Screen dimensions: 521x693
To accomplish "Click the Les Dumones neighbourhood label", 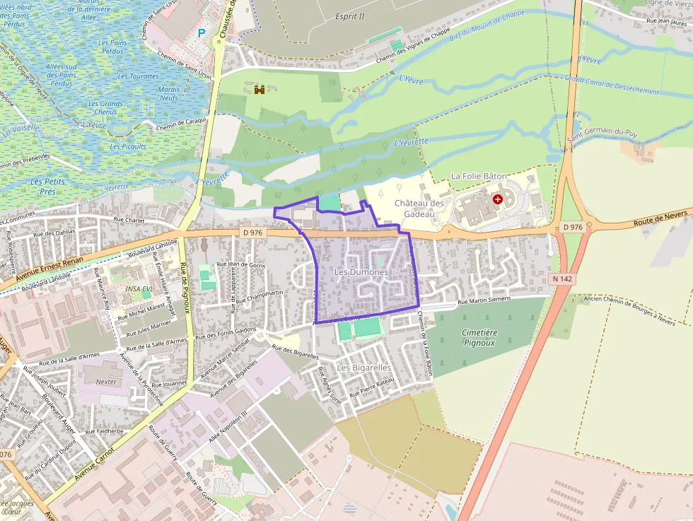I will click(x=361, y=272).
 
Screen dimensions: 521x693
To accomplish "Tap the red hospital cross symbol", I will click(x=498, y=200).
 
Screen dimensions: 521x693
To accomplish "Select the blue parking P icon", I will click(x=202, y=33).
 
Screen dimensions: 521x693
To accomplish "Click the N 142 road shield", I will click(x=562, y=279).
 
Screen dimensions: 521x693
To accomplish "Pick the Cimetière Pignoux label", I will click(x=479, y=337).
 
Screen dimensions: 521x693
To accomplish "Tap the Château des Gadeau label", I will click(x=419, y=209).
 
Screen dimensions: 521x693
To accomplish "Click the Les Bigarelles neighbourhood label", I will click(x=363, y=368).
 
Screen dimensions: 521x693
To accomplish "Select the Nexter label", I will click(x=106, y=382).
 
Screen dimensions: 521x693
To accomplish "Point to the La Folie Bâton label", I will click(x=479, y=175).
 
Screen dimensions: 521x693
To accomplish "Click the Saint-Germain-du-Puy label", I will click(x=602, y=140).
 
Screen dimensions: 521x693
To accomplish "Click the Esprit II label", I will click(x=349, y=16).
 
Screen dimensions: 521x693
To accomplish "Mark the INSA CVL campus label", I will click(x=139, y=289).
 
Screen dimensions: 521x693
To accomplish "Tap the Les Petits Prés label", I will click(x=48, y=186).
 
